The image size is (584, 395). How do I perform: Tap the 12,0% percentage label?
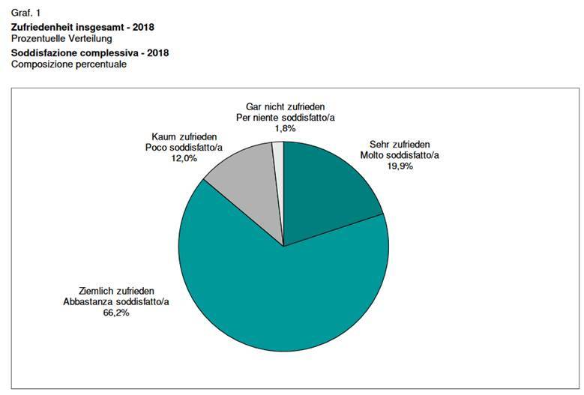click(x=184, y=158)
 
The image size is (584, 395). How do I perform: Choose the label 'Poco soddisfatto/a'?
click(x=184, y=148)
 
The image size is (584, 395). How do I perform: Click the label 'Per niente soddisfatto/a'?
click(x=285, y=118)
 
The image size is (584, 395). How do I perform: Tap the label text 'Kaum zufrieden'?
click(x=184, y=136)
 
